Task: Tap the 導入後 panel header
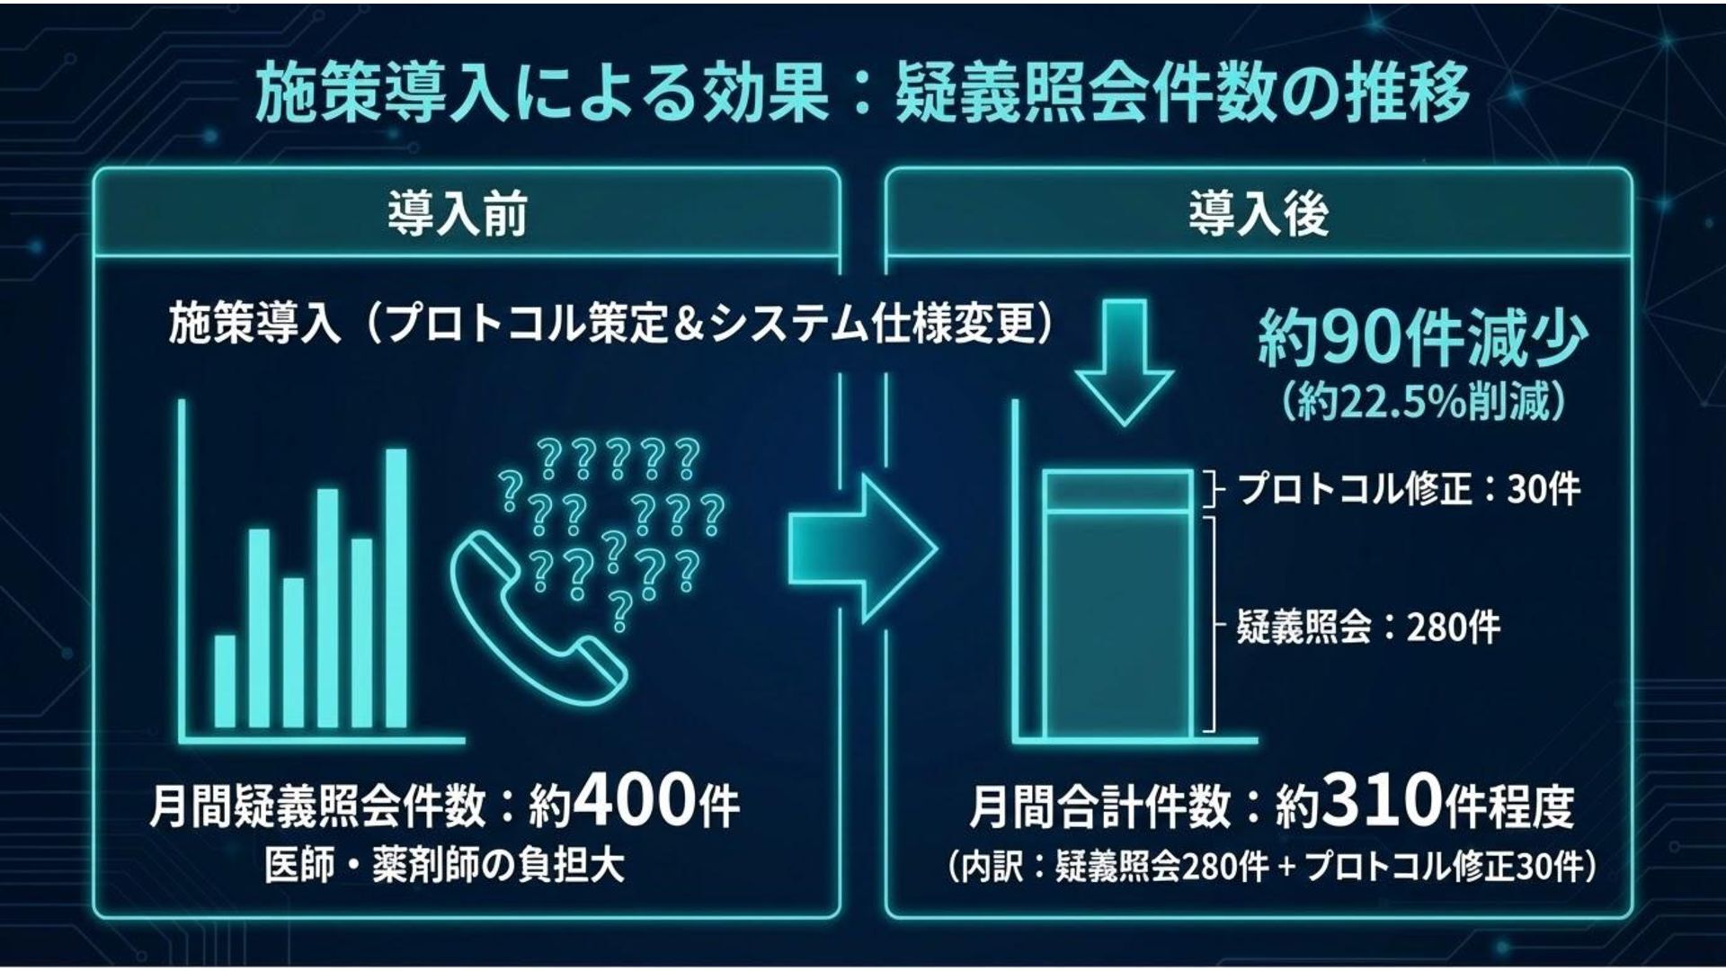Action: click(x=1258, y=216)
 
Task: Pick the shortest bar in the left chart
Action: click(x=225, y=681)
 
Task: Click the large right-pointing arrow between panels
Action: click(x=861, y=549)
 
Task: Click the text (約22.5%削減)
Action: click(x=1423, y=404)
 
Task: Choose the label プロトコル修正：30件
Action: click(x=1408, y=490)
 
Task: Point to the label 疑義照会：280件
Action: click(x=1367, y=627)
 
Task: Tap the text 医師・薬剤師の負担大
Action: click(x=445, y=866)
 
